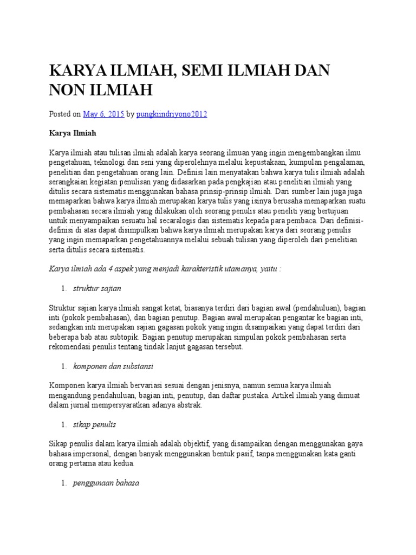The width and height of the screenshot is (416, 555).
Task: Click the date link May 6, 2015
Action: pyautogui.click(x=103, y=114)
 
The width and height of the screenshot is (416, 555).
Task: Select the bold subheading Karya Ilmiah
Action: pyautogui.click(x=69, y=132)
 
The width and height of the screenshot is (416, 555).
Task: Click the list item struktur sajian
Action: pyautogui.click(x=97, y=288)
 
